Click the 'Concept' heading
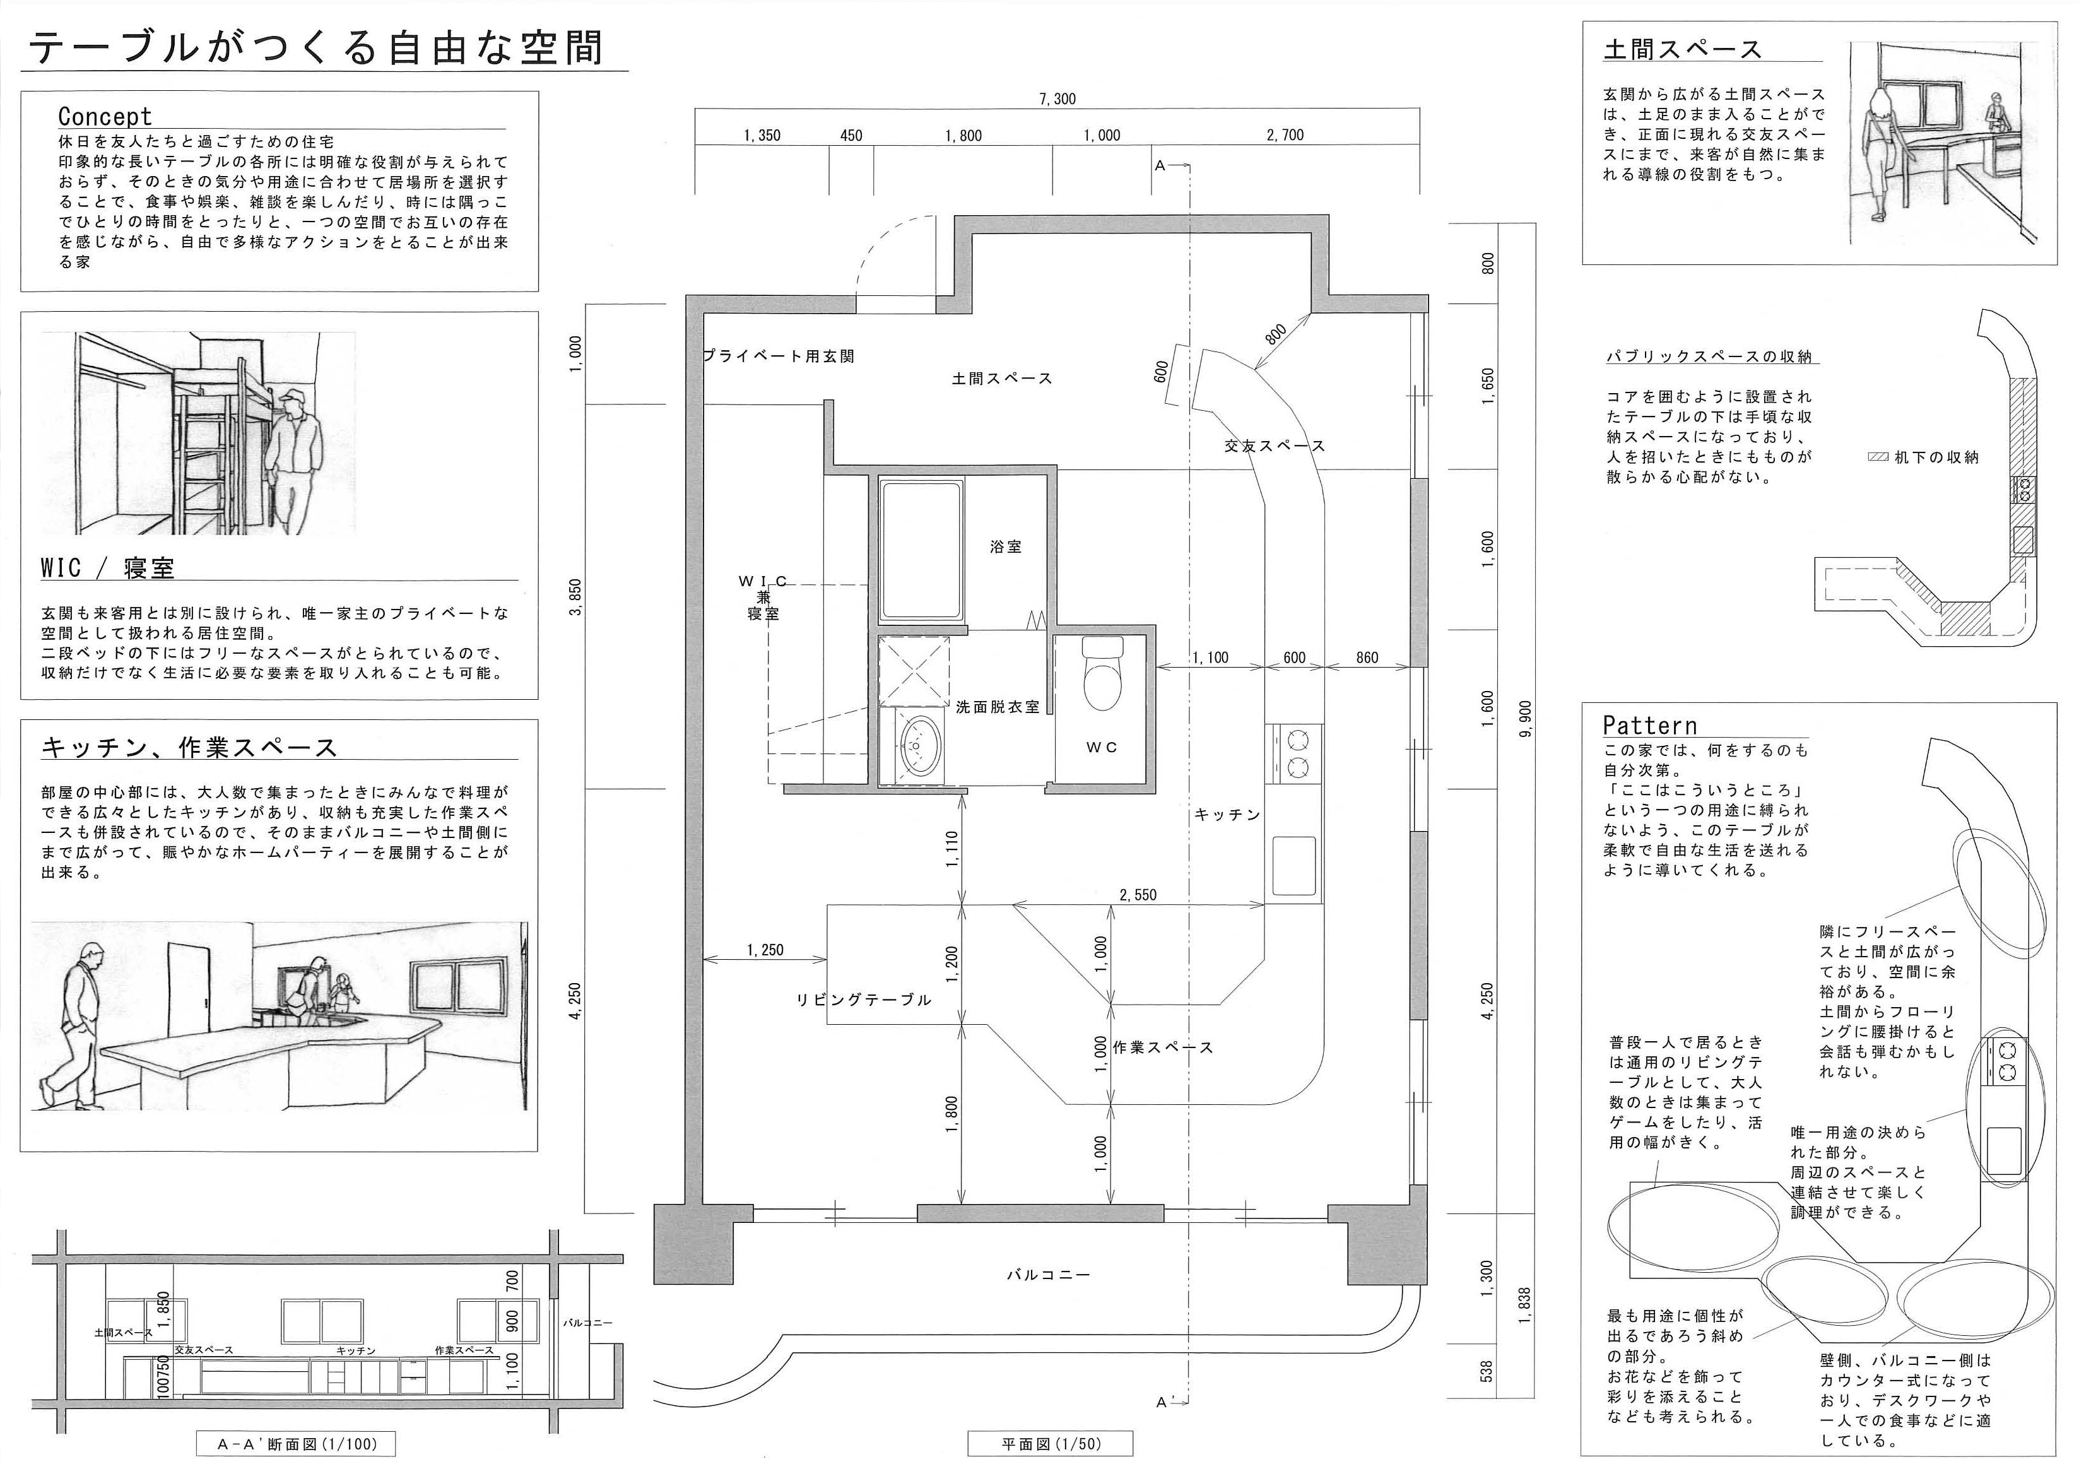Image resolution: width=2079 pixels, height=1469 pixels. pos(105,116)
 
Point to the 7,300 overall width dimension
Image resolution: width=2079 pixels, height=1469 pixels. pos(1057,98)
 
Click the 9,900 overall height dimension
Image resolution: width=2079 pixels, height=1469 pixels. pos(1527,718)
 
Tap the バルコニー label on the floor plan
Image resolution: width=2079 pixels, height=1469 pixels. pos(1049,1274)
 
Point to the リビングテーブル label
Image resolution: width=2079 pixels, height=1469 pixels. pos(863,1000)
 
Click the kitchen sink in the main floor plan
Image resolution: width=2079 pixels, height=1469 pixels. pos(1294,866)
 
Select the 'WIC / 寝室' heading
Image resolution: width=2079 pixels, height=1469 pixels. pos(107,568)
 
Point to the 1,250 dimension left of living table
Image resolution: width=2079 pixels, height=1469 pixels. pos(765,950)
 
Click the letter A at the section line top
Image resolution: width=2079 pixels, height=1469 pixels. pos(1159,166)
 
